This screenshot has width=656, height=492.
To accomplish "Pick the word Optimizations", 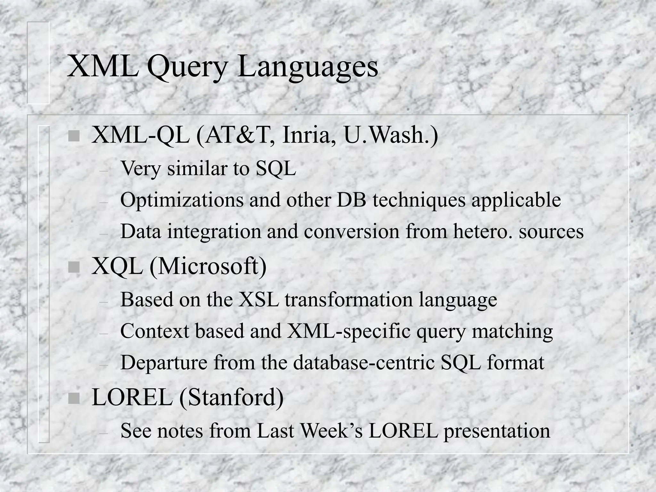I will [x=182, y=200].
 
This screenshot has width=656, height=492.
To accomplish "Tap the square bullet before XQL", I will [x=74, y=267].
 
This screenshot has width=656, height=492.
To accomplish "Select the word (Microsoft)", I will [x=208, y=267].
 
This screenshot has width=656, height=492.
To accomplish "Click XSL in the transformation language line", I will [x=259, y=299].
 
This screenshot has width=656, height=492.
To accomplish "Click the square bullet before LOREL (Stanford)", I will [x=74, y=398].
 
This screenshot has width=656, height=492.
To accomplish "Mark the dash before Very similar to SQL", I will [x=103, y=171].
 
